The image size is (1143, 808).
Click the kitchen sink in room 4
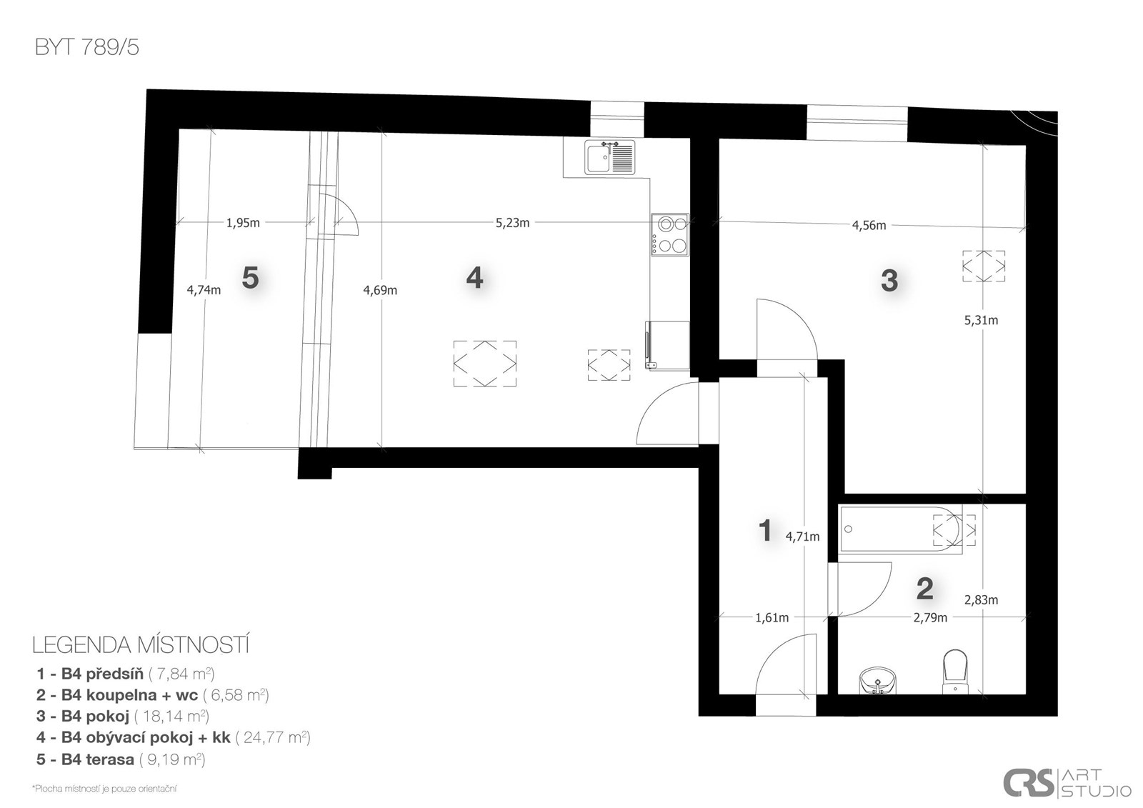[610, 157]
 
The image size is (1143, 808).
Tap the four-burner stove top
[670, 235]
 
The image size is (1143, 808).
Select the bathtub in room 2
[901, 529]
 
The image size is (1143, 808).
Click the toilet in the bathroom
[954, 672]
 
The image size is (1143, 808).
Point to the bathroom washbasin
[878, 682]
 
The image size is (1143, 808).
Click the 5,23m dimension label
[512, 223]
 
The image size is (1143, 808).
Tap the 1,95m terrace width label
[243, 223]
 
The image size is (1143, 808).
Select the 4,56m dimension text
[869, 226]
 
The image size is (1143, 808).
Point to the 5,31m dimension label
[981, 321]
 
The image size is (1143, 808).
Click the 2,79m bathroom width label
[930, 618]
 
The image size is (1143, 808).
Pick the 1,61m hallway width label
[772, 618]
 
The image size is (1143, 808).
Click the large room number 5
[250, 278]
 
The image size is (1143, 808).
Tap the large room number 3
[889, 281]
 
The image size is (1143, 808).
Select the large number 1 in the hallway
[765, 530]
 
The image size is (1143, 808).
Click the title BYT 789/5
[86, 47]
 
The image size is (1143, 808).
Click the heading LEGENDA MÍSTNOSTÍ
[141, 646]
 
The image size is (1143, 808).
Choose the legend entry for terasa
[121, 759]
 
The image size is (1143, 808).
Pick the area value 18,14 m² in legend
[171, 716]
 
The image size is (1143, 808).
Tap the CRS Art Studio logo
[1067, 783]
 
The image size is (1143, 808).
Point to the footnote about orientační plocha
[104, 789]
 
